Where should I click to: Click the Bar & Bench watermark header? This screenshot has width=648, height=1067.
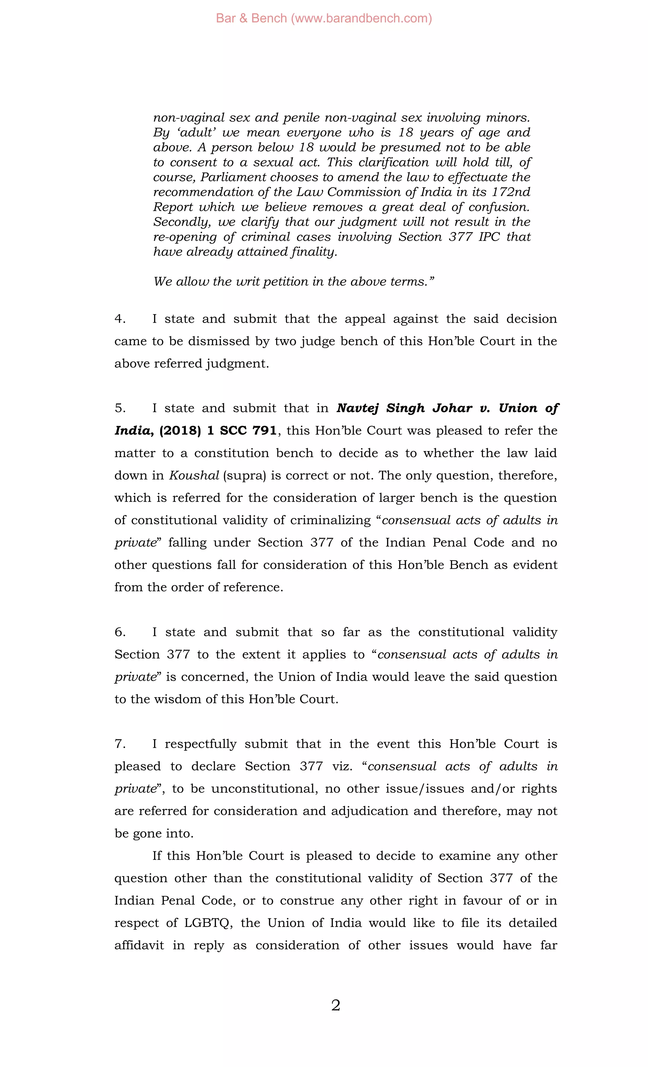click(324, 18)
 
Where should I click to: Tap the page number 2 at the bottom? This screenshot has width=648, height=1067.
click(335, 1005)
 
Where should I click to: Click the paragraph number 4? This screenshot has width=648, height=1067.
click(120, 319)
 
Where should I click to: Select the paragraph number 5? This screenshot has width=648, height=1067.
click(120, 408)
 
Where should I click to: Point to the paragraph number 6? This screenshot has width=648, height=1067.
click(120, 632)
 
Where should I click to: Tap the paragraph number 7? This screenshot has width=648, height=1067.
click(120, 743)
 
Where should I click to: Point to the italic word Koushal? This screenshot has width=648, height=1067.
click(194, 475)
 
